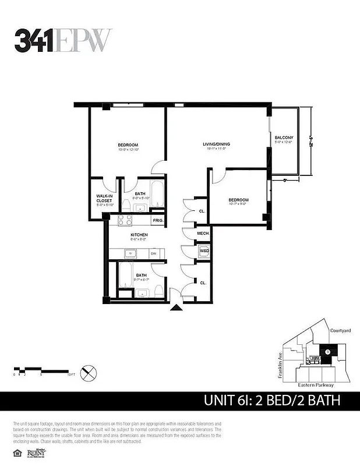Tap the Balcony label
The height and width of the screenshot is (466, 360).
click(284, 137)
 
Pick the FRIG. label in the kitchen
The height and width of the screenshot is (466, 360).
click(157, 221)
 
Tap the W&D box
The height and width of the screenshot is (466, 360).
click(204, 251)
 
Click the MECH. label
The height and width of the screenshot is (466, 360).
click(203, 234)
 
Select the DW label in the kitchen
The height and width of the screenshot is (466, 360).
click(153, 254)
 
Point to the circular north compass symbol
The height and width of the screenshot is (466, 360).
click(89, 372)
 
